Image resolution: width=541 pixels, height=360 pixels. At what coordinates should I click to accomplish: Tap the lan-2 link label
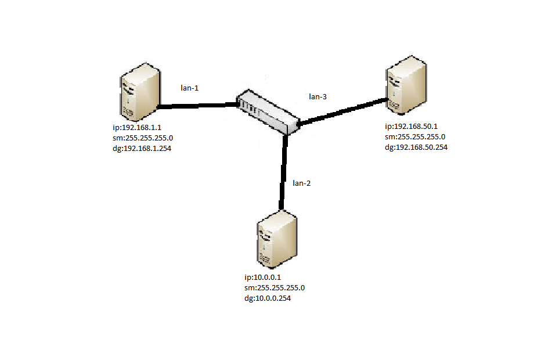tap(301, 183)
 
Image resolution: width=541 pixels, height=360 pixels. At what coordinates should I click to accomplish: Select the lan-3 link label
tap(318, 96)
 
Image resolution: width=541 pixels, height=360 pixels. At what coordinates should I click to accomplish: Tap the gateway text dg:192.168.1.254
tap(142, 148)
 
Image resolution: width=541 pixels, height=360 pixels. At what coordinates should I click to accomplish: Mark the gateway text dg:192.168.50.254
tap(416, 147)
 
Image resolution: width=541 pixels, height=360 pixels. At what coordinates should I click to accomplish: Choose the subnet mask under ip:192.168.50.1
tap(415, 137)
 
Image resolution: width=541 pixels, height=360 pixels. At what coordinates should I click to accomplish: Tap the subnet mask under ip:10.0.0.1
tap(275, 288)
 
